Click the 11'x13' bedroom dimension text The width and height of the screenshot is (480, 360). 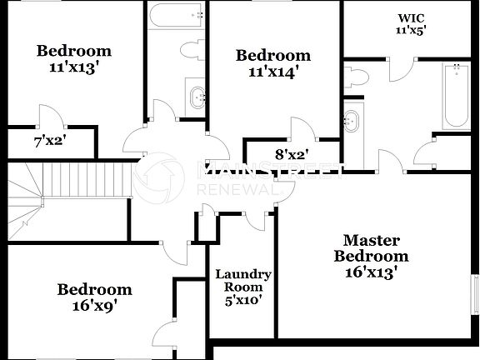click(73, 67)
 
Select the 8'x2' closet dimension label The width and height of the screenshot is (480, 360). click(292, 153)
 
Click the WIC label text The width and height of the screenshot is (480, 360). click(410, 17)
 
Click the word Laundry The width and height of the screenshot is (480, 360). click(242, 274)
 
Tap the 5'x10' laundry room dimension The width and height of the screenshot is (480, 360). click(242, 301)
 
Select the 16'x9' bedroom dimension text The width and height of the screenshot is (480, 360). click(94, 305)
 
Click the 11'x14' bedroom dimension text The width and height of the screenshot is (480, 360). click(272, 72)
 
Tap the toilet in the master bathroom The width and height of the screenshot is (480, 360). click(356, 77)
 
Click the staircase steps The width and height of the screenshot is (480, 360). click(83, 177)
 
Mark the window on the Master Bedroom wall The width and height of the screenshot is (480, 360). click(476, 296)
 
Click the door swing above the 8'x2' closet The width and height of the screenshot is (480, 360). click(302, 128)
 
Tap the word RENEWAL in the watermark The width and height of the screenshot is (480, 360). click(235, 190)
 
